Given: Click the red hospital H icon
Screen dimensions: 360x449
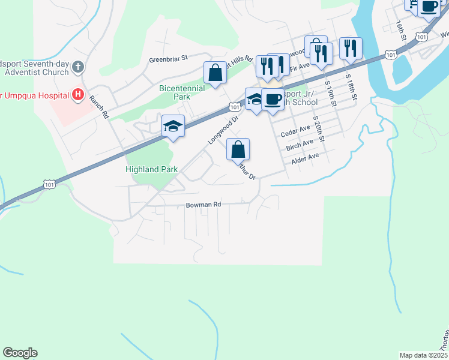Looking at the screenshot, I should pyautogui.click(x=77, y=94).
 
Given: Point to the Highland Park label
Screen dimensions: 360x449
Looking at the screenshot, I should pyautogui.click(x=151, y=169).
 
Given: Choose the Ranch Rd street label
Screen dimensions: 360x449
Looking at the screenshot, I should pyautogui.click(x=98, y=106).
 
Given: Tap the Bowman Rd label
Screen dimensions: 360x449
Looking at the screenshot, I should pyautogui.click(x=203, y=205).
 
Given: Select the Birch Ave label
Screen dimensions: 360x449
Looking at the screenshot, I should pyautogui.click(x=300, y=145).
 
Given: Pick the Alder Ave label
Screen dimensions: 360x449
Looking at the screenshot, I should pyautogui.click(x=305, y=158).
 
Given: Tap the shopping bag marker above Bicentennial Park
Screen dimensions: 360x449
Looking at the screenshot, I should pyautogui.click(x=215, y=73).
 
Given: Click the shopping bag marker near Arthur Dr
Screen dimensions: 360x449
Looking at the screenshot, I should pyautogui.click(x=238, y=149).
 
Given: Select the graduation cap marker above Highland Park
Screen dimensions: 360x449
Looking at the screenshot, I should pyautogui.click(x=172, y=127).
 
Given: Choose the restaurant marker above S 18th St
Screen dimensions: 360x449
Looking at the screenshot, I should pyautogui.click(x=350, y=48).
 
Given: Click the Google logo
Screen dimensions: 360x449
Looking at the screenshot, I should pyautogui.click(x=20, y=353).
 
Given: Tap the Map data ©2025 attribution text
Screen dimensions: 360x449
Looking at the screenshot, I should pyautogui.click(x=423, y=355).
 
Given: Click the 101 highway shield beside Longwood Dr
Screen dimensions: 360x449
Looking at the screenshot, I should pyautogui.click(x=234, y=107).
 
